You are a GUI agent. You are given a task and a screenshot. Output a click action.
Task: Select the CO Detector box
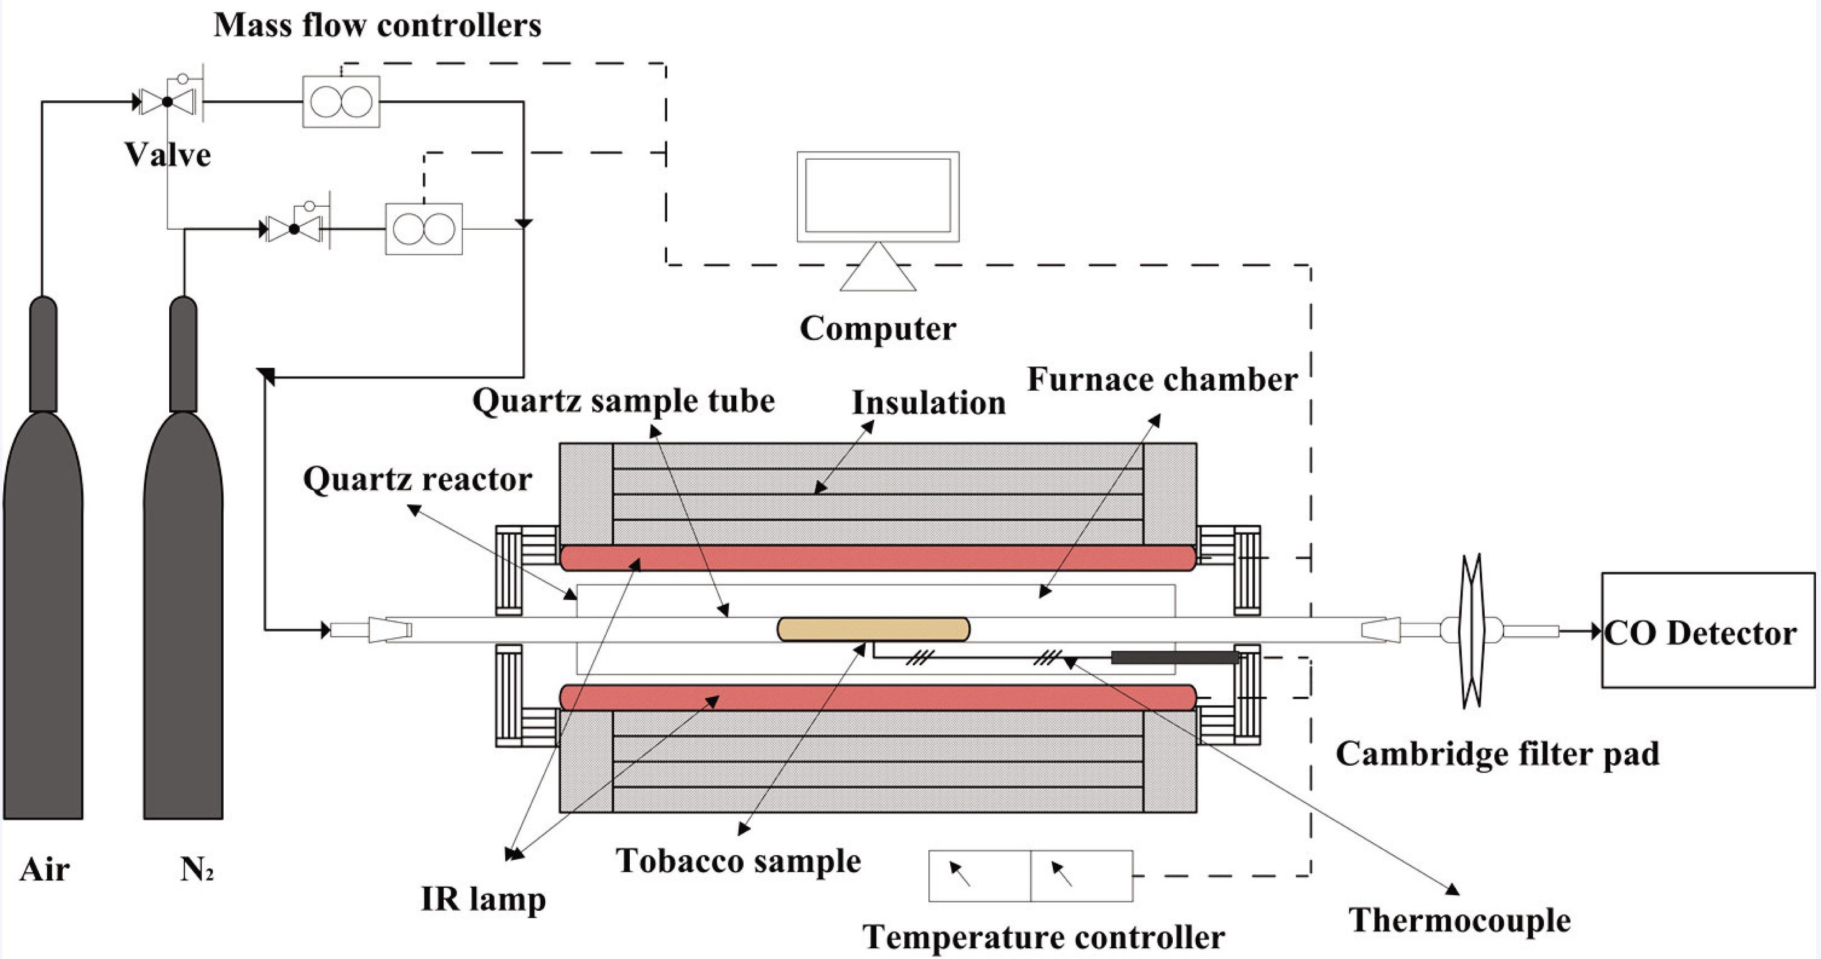coord(1707,630)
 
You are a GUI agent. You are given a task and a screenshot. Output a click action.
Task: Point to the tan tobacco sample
coord(873,629)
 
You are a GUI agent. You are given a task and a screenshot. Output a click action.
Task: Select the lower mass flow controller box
coord(424,229)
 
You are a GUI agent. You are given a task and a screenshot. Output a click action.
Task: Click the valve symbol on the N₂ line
coord(294,229)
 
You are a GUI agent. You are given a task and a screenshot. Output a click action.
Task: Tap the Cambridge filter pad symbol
coord(1472,630)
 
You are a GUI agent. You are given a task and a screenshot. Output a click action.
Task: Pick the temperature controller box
coord(1030,875)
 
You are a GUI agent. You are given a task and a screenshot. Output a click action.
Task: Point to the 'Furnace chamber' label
coord(1162,380)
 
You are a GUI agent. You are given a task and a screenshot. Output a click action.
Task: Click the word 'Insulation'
coord(928,403)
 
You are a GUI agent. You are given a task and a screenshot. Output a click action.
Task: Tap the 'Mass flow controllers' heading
coord(378,25)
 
